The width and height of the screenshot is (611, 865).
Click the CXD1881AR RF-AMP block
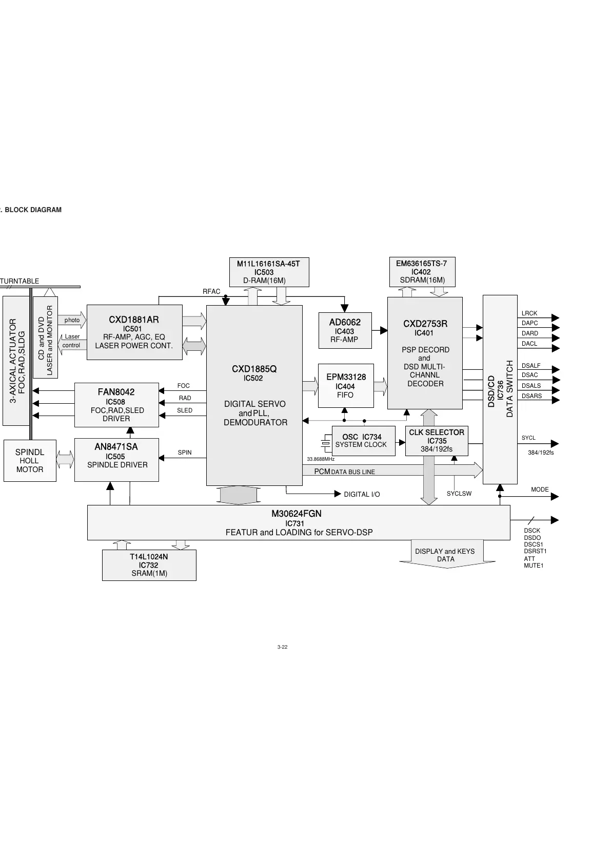134,332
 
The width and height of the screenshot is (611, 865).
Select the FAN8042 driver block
116,405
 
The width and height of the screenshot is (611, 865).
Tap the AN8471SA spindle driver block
116,459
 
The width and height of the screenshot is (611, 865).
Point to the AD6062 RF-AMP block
345,330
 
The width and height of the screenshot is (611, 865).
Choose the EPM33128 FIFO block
346,386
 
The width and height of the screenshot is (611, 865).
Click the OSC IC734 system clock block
363,441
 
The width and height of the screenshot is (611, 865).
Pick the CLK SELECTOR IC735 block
437,441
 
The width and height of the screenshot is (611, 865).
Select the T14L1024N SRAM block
149,565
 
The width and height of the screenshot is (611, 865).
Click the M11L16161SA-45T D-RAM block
268,272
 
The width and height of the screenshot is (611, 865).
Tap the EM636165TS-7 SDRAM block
422,272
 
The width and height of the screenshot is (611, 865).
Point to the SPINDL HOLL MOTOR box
30,460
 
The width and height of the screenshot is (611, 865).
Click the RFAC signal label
211,292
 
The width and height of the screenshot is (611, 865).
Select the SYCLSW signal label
459,494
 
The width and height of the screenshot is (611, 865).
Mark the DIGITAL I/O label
362,494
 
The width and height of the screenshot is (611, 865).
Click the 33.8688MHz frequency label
321,459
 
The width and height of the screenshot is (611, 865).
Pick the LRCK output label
529,313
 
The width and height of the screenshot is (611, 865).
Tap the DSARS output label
531,396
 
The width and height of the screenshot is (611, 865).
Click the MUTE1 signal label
534,566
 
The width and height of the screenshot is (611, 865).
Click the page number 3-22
282,647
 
